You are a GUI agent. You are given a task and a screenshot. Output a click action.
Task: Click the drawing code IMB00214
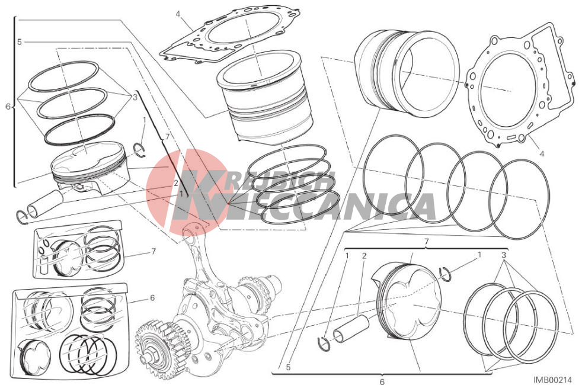[x=553, y=380]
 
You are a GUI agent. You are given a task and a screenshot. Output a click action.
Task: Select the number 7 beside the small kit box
[x=154, y=252]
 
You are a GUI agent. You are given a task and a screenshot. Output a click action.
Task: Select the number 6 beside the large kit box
[x=152, y=297]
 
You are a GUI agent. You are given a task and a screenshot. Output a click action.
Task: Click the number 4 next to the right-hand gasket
[x=542, y=153]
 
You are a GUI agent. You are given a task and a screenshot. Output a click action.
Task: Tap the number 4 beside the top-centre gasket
[x=178, y=14]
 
